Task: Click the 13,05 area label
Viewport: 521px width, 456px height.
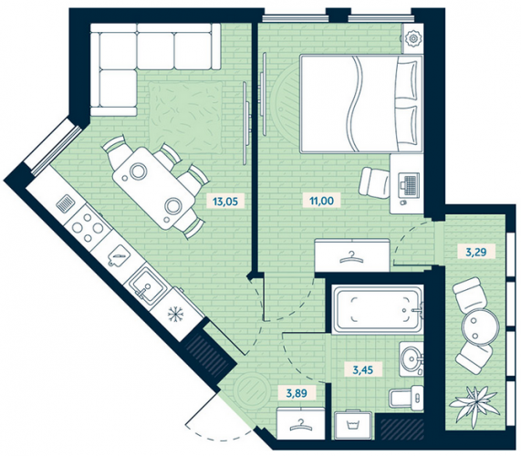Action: point(226,201)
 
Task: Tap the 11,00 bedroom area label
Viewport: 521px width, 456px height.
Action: point(321,201)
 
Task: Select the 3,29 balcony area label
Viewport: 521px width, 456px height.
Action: point(476,253)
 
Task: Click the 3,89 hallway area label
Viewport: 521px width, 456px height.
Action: point(297,393)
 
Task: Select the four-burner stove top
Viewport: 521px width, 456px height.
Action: point(89,227)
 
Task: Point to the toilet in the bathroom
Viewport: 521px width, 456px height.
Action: point(406,396)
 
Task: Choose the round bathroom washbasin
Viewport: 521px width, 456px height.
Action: point(412,358)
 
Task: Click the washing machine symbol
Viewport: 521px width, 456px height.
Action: point(354,425)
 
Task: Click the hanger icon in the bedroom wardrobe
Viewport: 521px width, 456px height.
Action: point(351,256)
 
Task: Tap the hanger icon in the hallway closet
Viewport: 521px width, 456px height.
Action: point(300,424)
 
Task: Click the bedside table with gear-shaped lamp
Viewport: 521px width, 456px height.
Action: point(413,38)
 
